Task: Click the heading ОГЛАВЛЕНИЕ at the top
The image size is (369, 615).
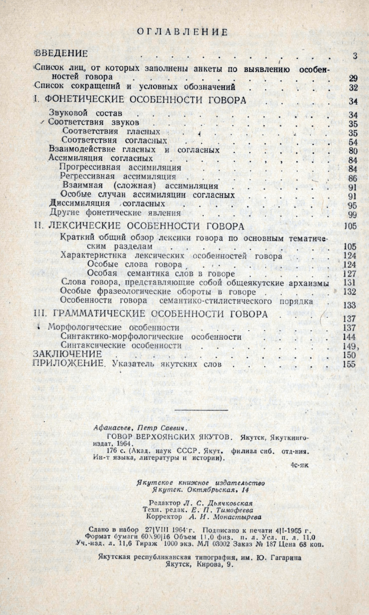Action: (183, 32)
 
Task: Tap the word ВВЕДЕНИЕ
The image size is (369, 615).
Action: (61, 54)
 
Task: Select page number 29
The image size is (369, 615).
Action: (354, 78)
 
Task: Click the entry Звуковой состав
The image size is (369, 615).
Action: (85, 113)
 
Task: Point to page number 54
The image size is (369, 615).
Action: (354, 142)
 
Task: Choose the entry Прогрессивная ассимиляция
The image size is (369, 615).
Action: (120, 168)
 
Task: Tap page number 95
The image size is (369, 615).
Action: (354, 205)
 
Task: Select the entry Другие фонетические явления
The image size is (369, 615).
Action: (103, 213)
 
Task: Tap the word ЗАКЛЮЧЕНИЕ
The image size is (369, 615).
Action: (67, 354)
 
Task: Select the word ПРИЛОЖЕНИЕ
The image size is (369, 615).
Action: (66, 364)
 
